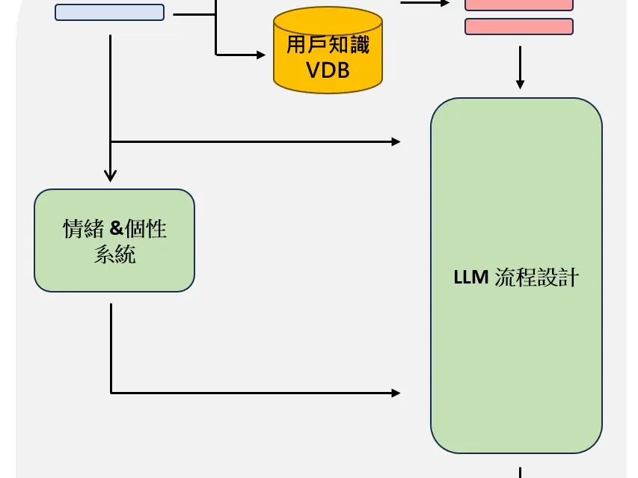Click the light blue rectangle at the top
click(x=109, y=12)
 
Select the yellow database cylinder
click(x=328, y=51)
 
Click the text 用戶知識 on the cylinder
click(x=328, y=44)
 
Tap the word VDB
click(x=328, y=70)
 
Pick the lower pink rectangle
click(x=519, y=26)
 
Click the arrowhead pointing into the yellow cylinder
click(x=261, y=55)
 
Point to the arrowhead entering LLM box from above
click(x=520, y=84)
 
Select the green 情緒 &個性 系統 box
click(x=114, y=240)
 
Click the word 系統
click(x=114, y=254)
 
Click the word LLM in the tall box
click(x=471, y=278)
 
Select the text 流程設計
click(x=537, y=278)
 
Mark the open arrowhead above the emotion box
click(x=110, y=177)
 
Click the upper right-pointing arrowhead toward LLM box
click(x=396, y=141)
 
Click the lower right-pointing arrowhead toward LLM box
click(x=396, y=392)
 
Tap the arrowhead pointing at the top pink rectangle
click(x=446, y=2)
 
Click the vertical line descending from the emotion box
click(x=111, y=344)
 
